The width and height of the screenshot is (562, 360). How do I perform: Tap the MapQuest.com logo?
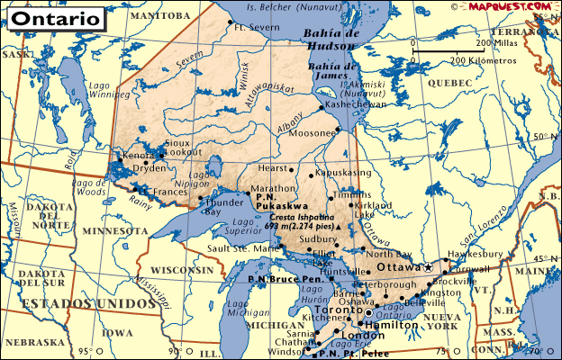click(509, 6)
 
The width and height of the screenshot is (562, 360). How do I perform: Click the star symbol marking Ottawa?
click(429, 268)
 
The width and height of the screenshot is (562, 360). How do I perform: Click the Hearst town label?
click(272, 168)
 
